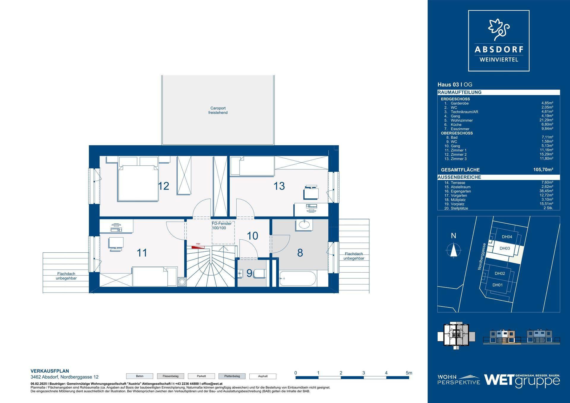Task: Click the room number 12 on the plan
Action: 164,186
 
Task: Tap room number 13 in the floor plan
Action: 279,186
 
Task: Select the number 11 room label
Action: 142,253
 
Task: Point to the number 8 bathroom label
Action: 300,253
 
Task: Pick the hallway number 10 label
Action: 252,236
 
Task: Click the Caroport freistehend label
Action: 218,110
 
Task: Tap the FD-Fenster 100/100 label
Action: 221,226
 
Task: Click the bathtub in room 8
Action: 298,278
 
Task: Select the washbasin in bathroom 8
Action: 304,225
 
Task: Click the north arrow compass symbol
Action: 454,249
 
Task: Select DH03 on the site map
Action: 505,248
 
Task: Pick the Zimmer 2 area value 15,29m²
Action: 547,154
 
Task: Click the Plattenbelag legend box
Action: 232,376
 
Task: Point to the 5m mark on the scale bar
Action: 408,373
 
